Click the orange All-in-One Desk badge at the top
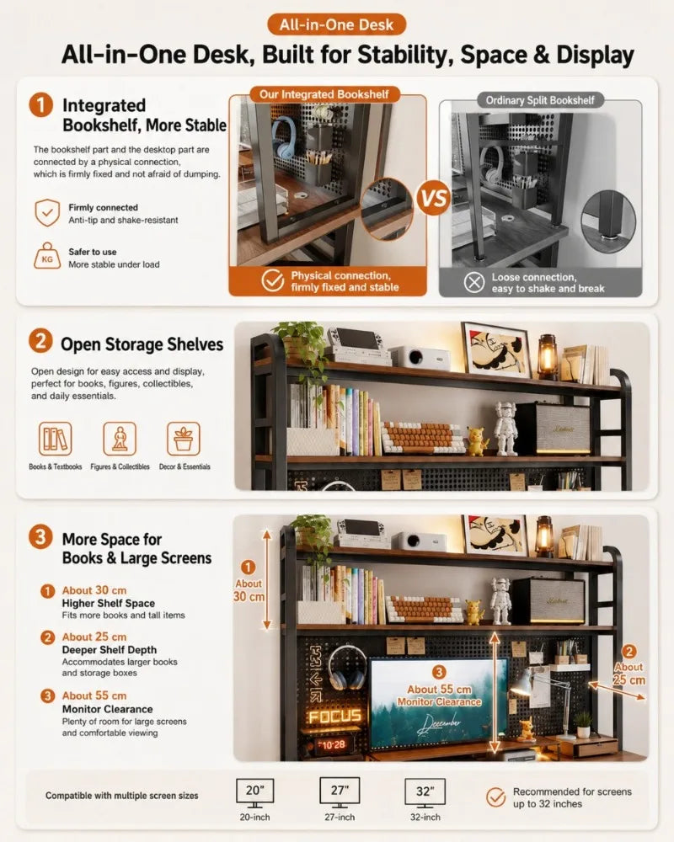tap(336, 24)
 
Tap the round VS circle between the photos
tap(433, 198)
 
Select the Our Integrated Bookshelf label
tap(324, 94)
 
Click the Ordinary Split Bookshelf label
tap(540, 100)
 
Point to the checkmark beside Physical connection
tap(273, 280)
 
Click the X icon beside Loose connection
tap(474, 282)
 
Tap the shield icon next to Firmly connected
tap(47, 213)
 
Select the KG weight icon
tap(47, 256)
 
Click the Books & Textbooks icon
tap(56, 439)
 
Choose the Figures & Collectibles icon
tap(120, 439)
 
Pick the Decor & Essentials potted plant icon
tap(184, 439)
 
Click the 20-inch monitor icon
tap(254, 793)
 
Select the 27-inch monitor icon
tap(340, 792)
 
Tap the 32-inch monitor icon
tap(425, 793)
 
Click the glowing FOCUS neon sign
tap(334, 717)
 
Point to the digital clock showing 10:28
tap(334, 745)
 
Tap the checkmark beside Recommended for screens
tap(495, 797)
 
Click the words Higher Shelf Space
tap(108, 603)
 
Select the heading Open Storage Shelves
tap(142, 344)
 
